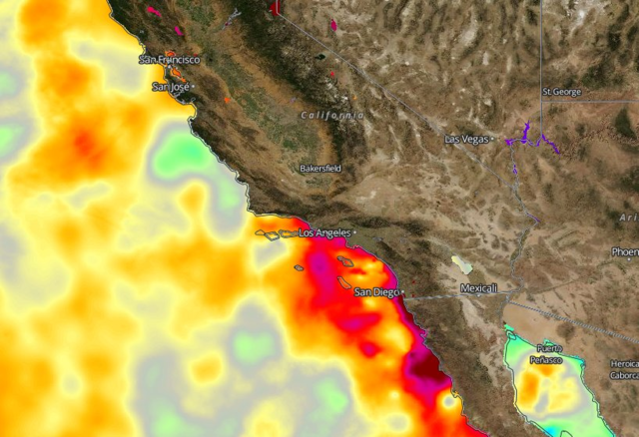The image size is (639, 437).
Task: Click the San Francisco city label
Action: (170, 60)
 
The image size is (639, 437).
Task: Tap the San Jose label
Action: (171, 87)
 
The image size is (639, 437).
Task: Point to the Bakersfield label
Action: (320, 169)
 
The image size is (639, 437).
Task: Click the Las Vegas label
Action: (466, 139)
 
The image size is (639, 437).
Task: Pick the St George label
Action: (560, 91)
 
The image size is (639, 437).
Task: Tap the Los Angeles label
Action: (324, 232)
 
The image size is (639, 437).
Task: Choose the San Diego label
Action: (376, 292)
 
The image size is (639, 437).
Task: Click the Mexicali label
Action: (479, 288)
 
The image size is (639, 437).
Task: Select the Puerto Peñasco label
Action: (545, 353)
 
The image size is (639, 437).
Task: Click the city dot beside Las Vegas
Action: (492, 140)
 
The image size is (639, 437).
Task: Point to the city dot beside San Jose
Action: (193, 87)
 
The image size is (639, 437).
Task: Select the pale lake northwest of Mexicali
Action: (462, 265)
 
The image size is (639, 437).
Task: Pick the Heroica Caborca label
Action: (624, 369)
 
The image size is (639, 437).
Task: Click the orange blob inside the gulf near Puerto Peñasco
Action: (529, 384)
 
